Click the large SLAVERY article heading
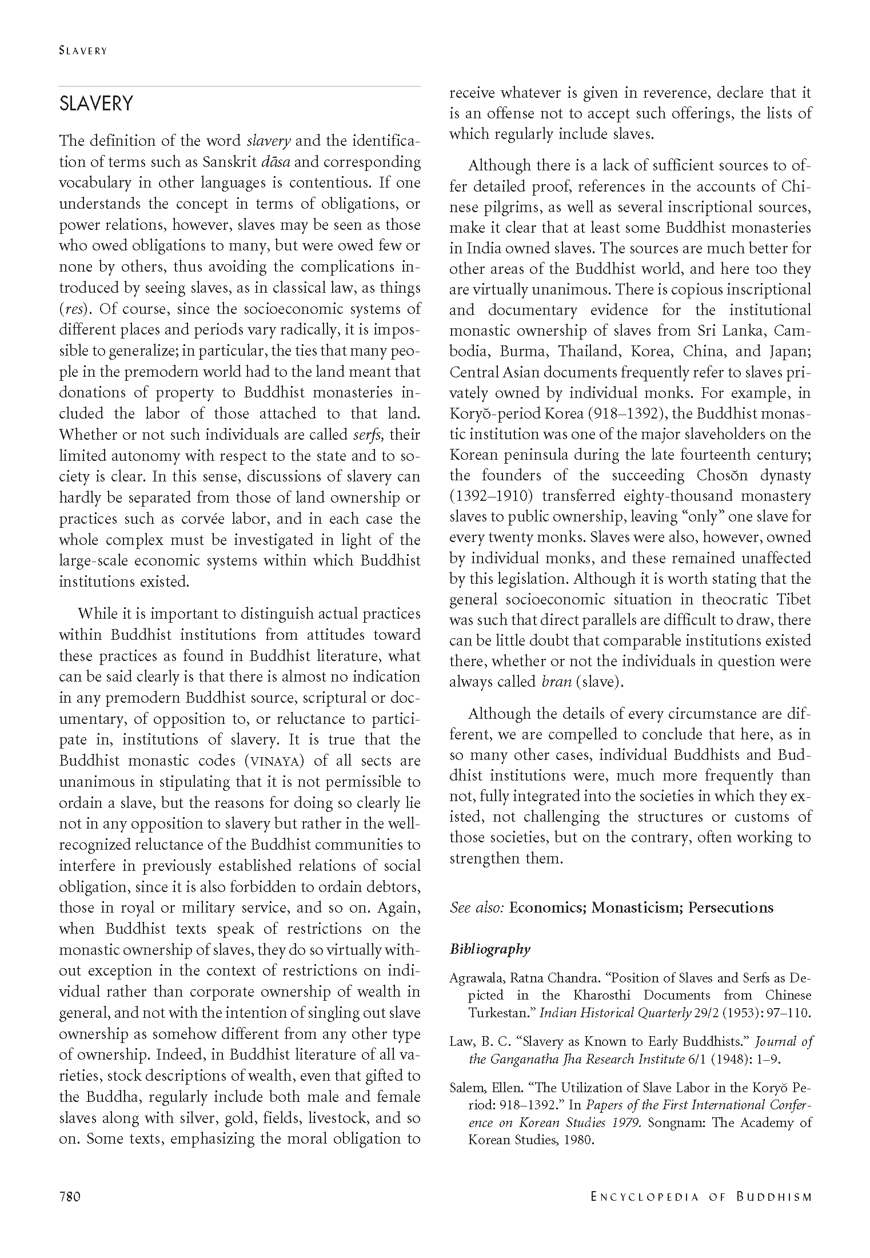pos(96,104)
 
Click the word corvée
pos(225,519)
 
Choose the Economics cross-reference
pos(547,908)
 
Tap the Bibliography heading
pos(490,949)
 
